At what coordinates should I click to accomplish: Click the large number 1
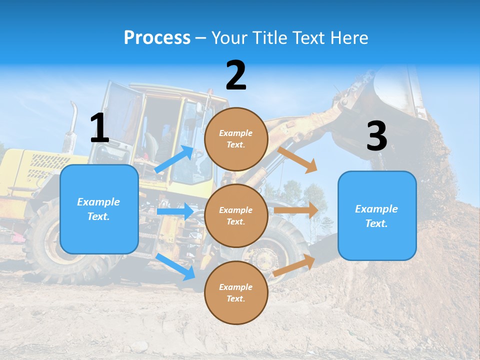(99, 128)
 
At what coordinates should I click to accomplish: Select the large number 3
(376, 136)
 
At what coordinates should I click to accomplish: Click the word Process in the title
(157, 37)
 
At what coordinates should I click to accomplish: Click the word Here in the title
(348, 37)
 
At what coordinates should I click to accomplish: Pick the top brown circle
(236, 139)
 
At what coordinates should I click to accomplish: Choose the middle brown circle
(236, 215)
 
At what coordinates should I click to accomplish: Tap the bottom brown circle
(236, 292)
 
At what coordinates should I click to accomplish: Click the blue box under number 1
(99, 209)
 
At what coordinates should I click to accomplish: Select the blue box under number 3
(377, 215)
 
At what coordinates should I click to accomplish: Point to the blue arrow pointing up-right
(174, 159)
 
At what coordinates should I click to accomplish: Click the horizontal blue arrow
(175, 211)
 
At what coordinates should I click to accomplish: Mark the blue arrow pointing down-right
(175, 266)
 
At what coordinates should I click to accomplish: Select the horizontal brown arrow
(296, 210)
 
